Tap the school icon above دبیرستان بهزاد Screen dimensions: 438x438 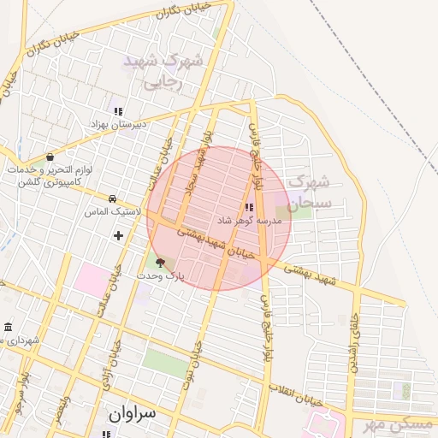click(x=118, y=111)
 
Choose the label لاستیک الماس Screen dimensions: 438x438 click(x=108, y=210)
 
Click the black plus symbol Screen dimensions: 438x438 click(x=118, y=234)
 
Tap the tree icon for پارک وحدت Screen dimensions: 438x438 click(x=160, y=264)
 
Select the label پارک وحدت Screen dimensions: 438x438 click(x=160, y=277)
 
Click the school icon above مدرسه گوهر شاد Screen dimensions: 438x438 click(x=249, y=207)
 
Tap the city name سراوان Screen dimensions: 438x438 click(x=133, y=412)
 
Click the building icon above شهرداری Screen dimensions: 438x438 click(x=8, y=328)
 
